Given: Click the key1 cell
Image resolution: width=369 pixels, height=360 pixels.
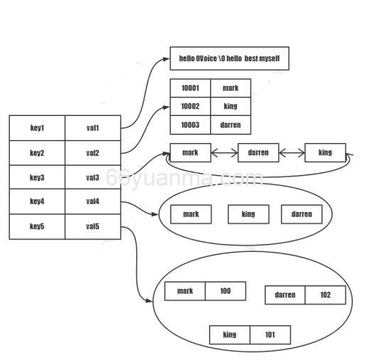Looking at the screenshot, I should click(37, 128).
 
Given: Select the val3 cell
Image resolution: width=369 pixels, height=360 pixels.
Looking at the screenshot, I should click(92, 177).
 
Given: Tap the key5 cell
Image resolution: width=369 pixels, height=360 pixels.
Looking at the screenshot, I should click(37, 226).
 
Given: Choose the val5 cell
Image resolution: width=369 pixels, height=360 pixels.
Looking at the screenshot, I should click(92, 226).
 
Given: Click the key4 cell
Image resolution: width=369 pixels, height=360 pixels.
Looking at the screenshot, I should click(37, 201).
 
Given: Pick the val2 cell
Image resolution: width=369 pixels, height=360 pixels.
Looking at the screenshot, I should click(92, 153).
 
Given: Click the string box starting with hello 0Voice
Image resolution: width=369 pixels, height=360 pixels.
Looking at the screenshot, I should click(229, 58).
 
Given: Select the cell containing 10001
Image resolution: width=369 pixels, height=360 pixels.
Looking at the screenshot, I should click(190, 88).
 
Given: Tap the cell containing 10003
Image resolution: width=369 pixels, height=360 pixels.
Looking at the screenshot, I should click(190, 125).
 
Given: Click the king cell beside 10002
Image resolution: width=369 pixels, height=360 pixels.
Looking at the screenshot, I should click(230, 106).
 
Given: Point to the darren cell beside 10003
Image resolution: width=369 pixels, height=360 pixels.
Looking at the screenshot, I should click(230, 125).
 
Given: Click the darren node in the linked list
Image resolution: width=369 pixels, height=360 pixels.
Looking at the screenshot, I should click(258, 152).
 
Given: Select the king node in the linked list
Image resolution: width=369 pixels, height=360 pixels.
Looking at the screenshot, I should click(325, 152).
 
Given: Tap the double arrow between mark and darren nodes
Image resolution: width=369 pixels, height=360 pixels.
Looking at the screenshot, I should click(224, 152).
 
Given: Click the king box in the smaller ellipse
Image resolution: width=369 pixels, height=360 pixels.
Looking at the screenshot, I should click(248, 214).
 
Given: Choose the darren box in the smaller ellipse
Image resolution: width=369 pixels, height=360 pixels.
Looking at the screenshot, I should click(301, 214).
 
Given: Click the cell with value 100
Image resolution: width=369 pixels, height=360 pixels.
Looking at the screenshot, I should click(225, 291).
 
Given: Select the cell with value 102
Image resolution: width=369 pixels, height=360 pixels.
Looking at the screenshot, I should click(325, 295).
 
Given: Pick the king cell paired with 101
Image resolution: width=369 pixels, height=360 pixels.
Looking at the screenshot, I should click(230, 334).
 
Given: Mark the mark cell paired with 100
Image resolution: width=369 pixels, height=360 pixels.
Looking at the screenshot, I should click(185, 291).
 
